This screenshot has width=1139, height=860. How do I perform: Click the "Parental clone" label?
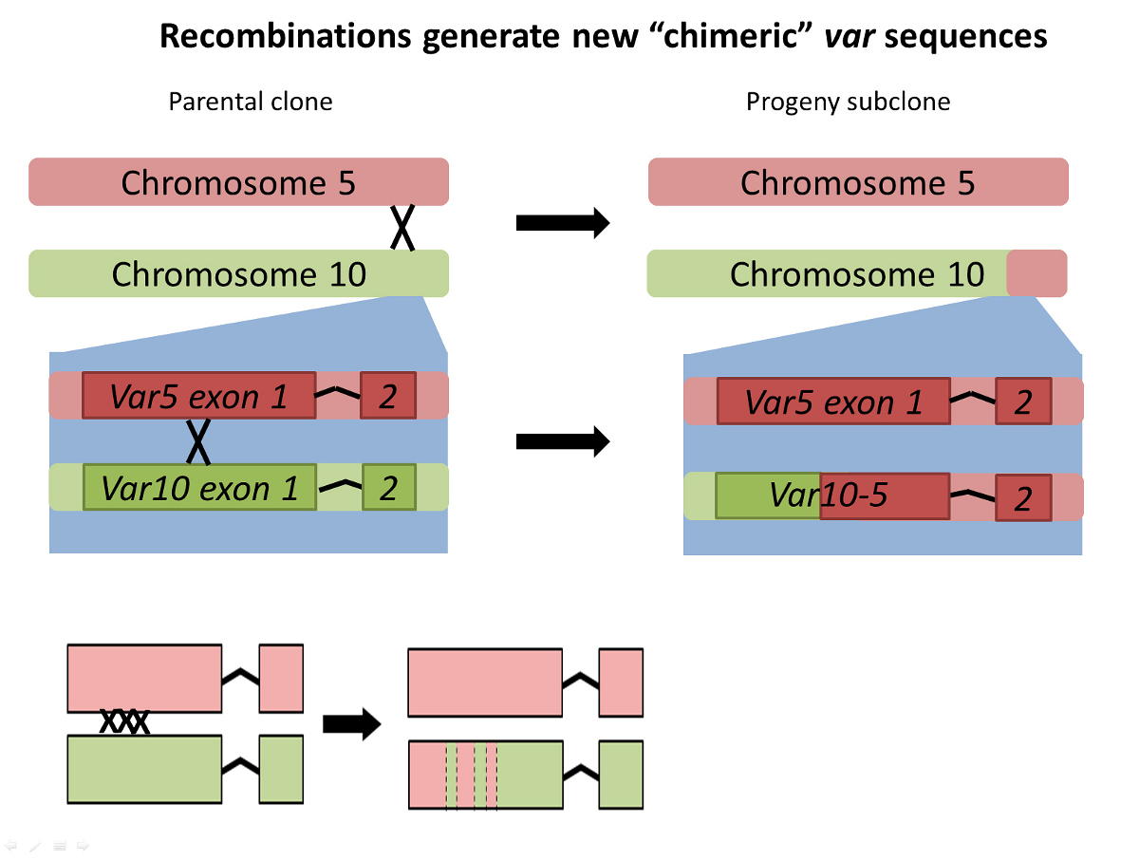click(x=251, y=102)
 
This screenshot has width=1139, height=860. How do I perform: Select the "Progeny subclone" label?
click(x=848, y=102)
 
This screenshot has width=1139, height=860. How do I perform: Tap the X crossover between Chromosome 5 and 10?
click(x=402, y=228)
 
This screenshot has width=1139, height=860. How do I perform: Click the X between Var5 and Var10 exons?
click(x=197, y=440)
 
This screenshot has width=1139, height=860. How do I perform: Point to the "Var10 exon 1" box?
click(x=199, y=488)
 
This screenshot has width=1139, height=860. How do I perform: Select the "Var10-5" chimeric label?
click(x=828, y=495)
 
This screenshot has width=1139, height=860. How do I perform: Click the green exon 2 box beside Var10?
click(x=389, y=488)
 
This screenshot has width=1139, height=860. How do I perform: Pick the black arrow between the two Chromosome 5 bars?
click(x=562, y=223)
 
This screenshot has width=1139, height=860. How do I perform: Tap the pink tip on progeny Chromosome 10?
click(x=1036, y=273)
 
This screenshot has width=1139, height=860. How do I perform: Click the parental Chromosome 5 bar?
click(x=238, y=181)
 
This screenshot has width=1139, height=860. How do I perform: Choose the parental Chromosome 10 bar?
click(x=238, y=273)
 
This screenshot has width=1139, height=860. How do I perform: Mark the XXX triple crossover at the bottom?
click(x=125, y=723)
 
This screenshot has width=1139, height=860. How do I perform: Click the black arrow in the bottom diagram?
click(x=351, y=725)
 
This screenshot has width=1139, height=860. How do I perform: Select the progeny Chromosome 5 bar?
click(x=858, y=181)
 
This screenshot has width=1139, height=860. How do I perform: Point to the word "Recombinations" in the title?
click(x=286, y=36)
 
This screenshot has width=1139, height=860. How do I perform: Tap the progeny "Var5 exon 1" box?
click(x=833, y=402)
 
